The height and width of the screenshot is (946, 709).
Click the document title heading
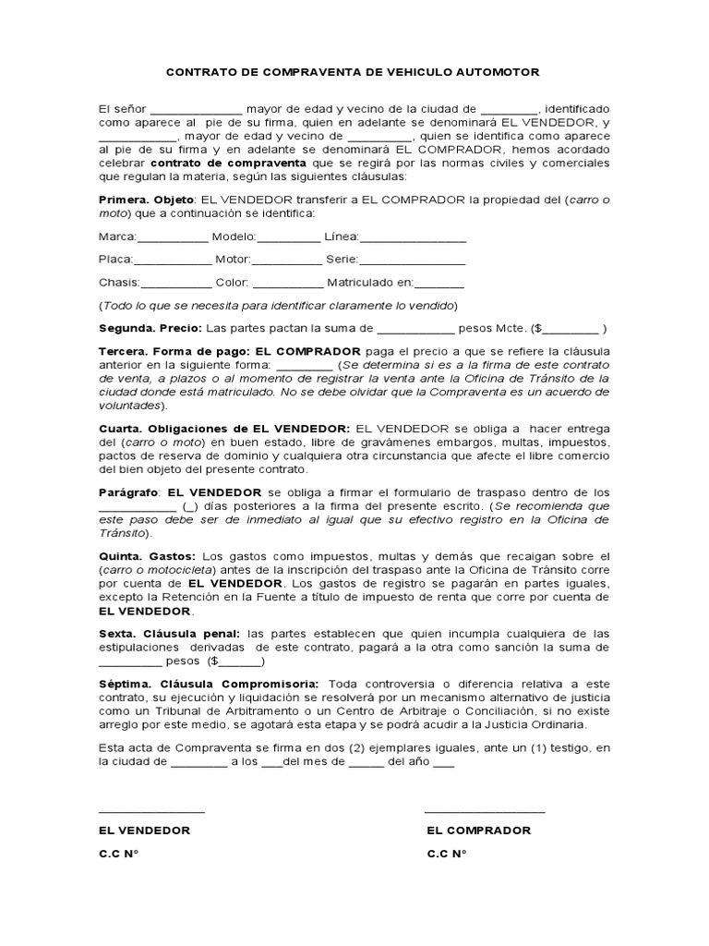point(352,71)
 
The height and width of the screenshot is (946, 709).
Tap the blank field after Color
point(287,284)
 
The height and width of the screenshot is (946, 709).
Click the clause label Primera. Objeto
point(146,200)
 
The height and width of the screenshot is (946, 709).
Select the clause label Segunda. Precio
point(149,328)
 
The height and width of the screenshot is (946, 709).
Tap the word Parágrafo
point(129,492)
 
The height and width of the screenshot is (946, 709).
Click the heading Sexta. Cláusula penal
point(169,633)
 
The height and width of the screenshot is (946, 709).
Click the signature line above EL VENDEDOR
point(151,811)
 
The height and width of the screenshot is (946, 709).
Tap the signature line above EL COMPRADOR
point(484,811)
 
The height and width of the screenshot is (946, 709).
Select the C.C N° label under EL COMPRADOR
point(447,854)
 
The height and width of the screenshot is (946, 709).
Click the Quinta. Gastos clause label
point(147,556)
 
